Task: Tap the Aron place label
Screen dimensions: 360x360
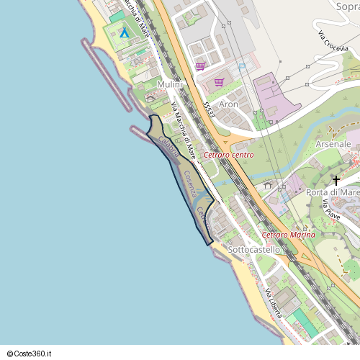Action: pos(228,104)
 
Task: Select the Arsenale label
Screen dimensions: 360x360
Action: pos(333,144)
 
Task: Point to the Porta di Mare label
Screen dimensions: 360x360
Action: pos(332,192)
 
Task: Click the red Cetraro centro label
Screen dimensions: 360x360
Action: pos(226,156)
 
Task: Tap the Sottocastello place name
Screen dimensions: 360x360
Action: pos(253,250)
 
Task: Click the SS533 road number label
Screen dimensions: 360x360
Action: pos(208,109)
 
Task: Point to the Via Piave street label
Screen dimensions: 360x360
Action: pos(331,211)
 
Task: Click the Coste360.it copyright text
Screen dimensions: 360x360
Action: pos(34,354)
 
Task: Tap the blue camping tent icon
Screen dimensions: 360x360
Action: pos(124,32)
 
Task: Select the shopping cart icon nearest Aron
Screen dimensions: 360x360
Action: pos(219,81)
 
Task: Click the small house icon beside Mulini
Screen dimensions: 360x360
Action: pos(150,96)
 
